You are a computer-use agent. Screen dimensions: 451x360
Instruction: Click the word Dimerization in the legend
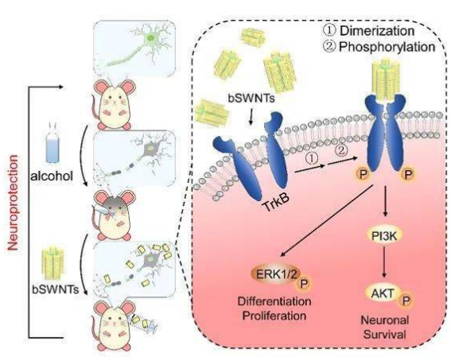tap(377, 31)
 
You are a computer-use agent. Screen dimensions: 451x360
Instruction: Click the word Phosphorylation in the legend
tap(387, 47)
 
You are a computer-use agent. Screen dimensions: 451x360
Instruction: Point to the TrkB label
tap(274, 201)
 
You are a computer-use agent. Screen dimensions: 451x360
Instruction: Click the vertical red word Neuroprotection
tap(13, 203)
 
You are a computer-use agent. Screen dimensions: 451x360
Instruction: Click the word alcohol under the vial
tap(52, 176)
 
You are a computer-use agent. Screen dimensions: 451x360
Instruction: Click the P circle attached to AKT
tap(406, 300)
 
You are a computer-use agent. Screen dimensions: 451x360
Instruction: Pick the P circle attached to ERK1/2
tap(303, 284)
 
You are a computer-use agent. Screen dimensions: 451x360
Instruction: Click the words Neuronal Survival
tap(384, 327)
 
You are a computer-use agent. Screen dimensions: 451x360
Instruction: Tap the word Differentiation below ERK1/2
tap(274, 301)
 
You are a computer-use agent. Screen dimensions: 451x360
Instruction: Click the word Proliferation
tap(274, 315)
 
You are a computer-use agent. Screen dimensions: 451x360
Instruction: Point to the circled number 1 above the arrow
tap(313, 157)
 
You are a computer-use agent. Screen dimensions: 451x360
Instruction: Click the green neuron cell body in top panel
tap(150, 37)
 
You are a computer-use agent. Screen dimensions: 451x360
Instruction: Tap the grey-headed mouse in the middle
tap(113, 214)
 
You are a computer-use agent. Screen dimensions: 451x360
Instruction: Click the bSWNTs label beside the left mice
tap(56, 288)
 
